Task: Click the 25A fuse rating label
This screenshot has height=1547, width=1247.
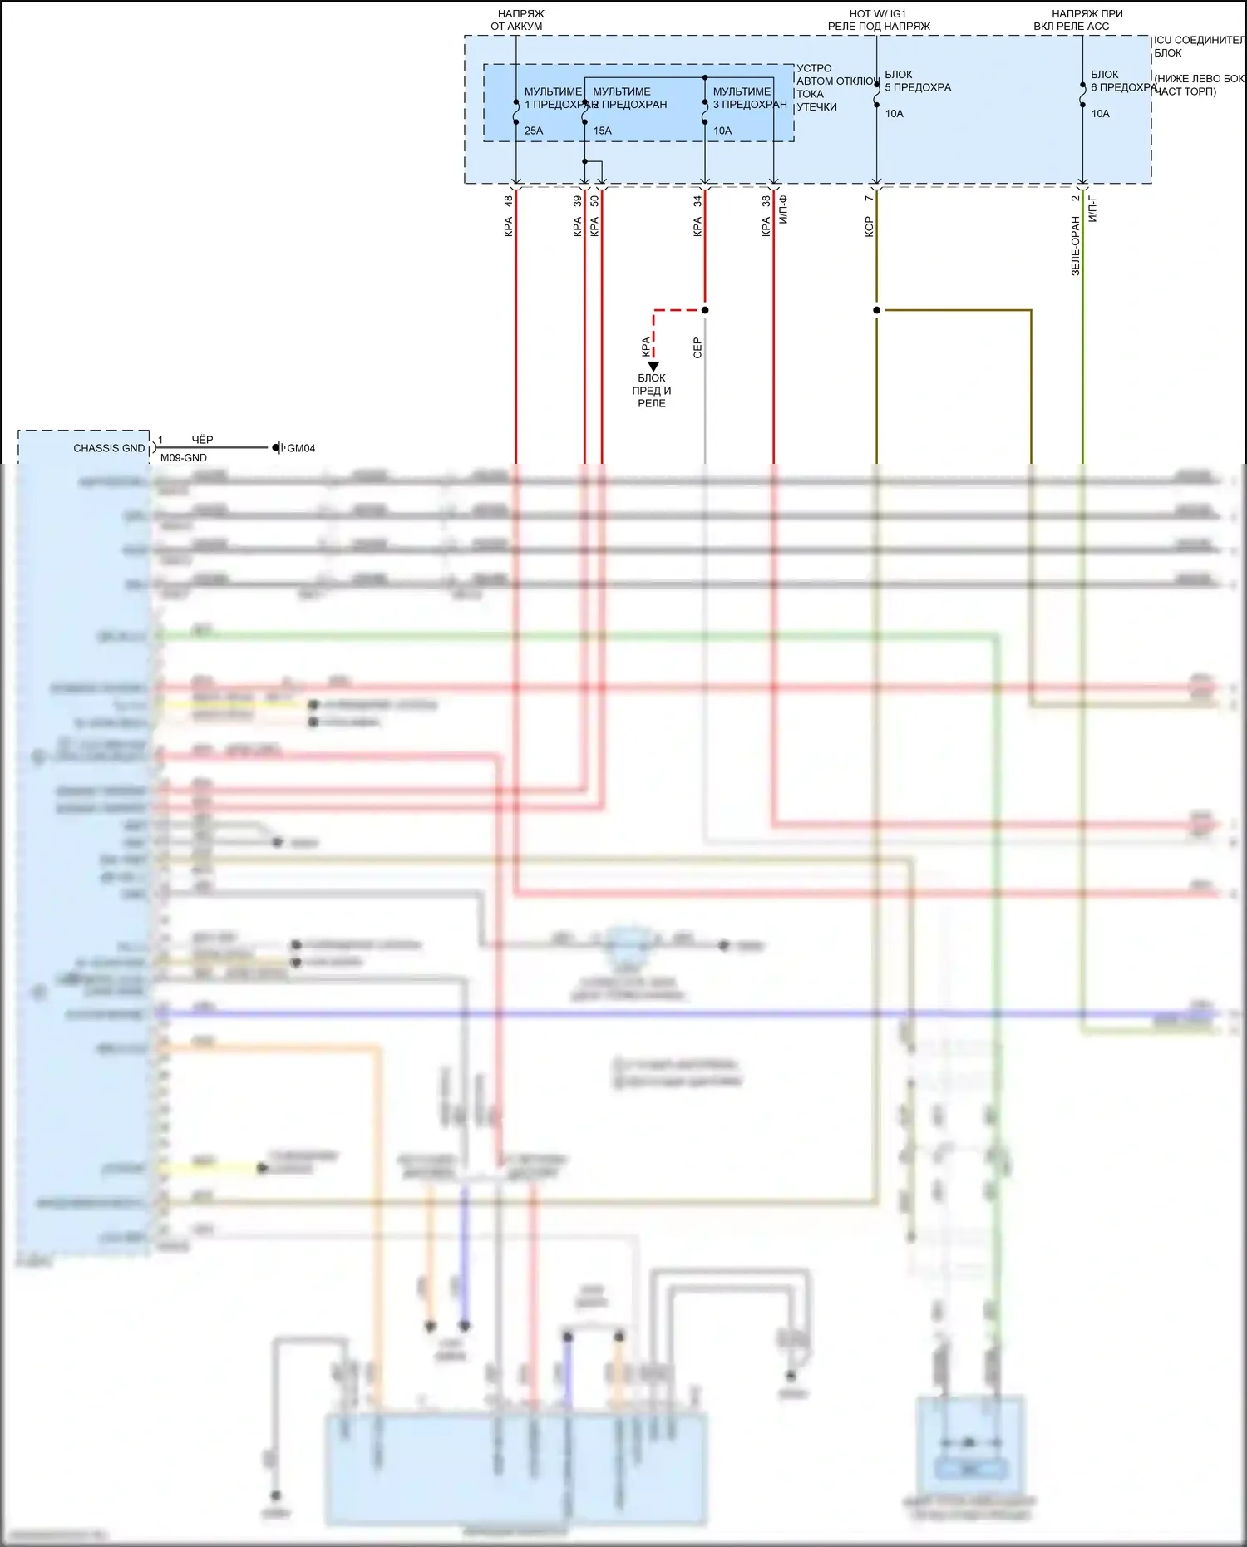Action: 534,131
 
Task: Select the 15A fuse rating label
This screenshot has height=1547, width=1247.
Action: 602,131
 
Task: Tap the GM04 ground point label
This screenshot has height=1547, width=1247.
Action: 301,448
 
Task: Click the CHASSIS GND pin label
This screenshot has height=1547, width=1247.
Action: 109,448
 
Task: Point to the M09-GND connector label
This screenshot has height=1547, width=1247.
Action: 184,458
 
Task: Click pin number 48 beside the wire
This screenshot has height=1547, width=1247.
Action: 508,201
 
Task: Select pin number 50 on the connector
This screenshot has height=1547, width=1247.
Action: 594,201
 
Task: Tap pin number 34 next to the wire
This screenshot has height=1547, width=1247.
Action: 697,201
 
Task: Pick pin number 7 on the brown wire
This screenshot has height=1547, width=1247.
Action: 869,198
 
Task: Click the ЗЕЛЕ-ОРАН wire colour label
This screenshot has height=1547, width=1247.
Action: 1075,246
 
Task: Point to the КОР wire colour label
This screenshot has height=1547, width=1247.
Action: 869,227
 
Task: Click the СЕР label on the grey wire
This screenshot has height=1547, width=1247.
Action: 697,347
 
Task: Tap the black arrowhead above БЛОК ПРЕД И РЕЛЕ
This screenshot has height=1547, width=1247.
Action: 653,366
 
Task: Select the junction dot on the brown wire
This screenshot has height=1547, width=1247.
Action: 876,310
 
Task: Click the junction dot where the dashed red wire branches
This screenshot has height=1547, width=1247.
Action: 705,310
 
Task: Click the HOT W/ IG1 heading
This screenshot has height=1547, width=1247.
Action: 878,14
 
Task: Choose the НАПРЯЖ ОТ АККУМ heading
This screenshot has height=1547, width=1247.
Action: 517,20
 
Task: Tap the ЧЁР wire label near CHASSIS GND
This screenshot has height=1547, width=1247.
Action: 202,439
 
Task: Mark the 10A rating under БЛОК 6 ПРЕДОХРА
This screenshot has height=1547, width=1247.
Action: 1100,114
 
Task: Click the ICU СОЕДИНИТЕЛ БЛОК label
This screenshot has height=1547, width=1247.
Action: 1198,46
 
